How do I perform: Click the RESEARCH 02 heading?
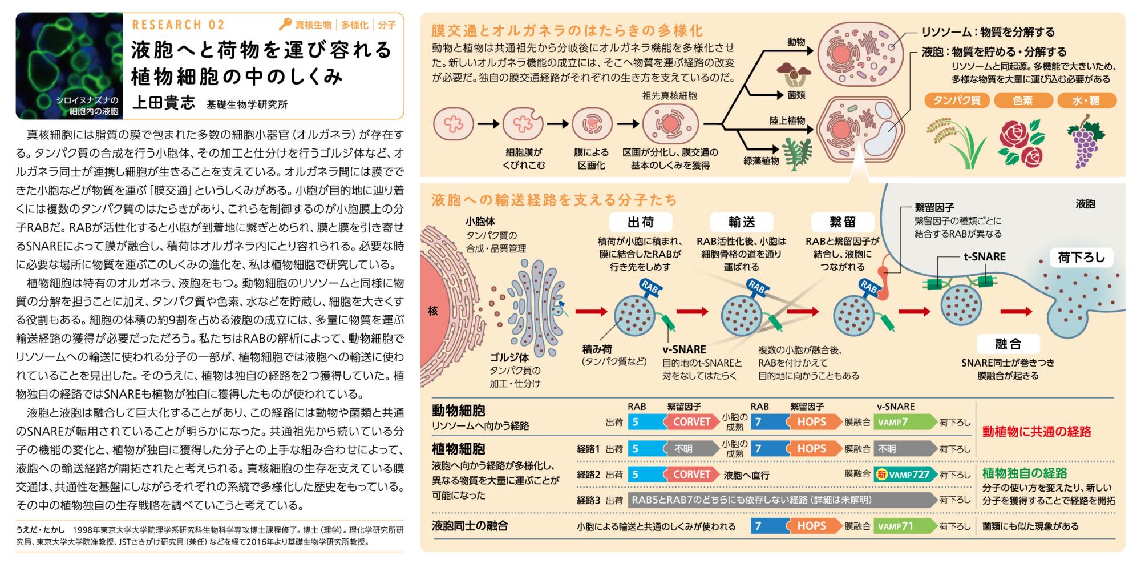click(179, 25)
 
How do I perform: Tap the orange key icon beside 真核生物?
click(285, 25)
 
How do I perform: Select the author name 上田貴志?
click(164, 103)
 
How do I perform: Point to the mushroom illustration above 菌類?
click(790, 73)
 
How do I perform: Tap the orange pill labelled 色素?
click(1023, 100)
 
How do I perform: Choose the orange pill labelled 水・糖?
click(1086, 100)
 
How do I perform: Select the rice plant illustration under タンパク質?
click(953, 143)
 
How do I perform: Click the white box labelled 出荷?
click(641, 222)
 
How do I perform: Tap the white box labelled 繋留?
click(843, 222)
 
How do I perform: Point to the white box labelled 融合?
click(1008, 344)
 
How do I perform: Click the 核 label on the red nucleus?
click(433, 311)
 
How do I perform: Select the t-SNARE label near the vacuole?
click(985, 257)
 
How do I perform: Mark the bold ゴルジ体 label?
click(509, 357)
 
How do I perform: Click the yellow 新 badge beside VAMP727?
click(882, 475)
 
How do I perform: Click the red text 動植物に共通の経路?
click(1037, 432)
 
